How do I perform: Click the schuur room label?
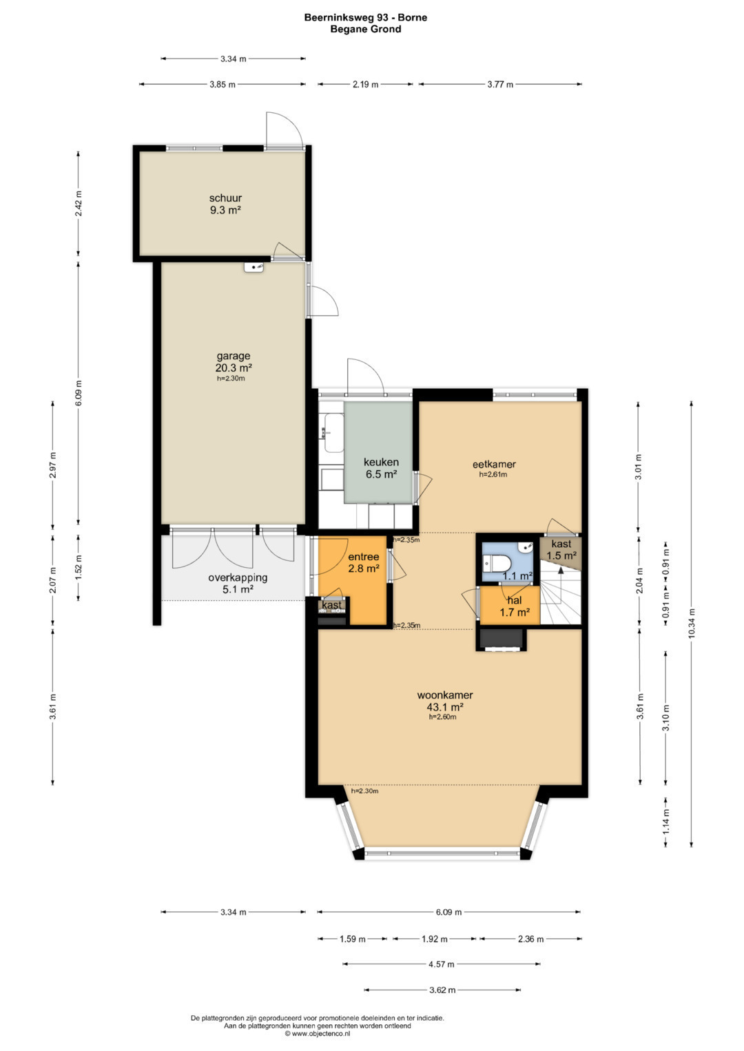click(225, 198)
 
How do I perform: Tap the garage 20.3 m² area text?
click(234, 368)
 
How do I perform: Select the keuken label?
click(381, 462)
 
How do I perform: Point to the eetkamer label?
click(494, 464)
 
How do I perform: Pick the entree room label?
click(363, 557)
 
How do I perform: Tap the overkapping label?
click(238, 577)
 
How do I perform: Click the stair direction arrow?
click(560, 570)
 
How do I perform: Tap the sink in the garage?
click(254, 267)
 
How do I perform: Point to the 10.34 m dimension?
click(691, 624)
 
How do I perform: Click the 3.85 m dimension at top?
click(222, 85)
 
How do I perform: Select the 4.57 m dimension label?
click(441, 964)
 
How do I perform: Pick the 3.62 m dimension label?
click(442, 990)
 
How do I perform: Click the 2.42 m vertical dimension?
click(79, 202)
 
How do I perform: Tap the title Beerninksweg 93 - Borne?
click(365, 18)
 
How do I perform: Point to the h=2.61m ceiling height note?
click(493, 474)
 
